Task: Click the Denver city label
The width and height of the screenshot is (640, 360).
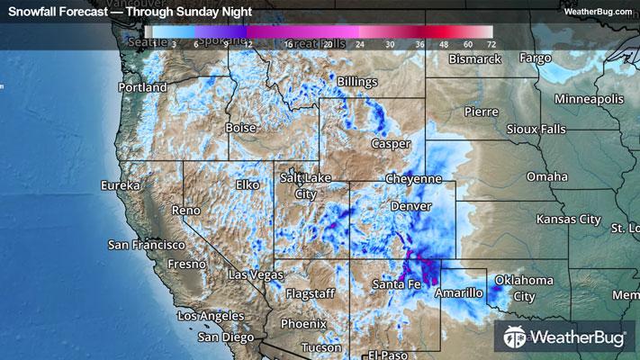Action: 412,206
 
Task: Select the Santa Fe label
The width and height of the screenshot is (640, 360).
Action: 396,284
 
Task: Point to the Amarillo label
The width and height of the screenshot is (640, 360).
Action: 459,293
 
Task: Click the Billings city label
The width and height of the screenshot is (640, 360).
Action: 357,82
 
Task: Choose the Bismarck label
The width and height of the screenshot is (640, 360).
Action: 474,59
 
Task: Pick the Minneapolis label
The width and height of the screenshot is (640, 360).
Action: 589,97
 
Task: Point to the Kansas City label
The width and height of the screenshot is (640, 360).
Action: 568,219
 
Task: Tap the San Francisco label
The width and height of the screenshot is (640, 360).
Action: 146,244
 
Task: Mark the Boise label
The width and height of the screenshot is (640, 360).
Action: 240,128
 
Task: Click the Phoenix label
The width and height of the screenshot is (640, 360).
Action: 302,323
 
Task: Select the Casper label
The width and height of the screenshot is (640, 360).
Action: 391,143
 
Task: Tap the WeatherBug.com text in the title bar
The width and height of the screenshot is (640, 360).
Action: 597,11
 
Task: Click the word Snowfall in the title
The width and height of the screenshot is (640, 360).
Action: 33,11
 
